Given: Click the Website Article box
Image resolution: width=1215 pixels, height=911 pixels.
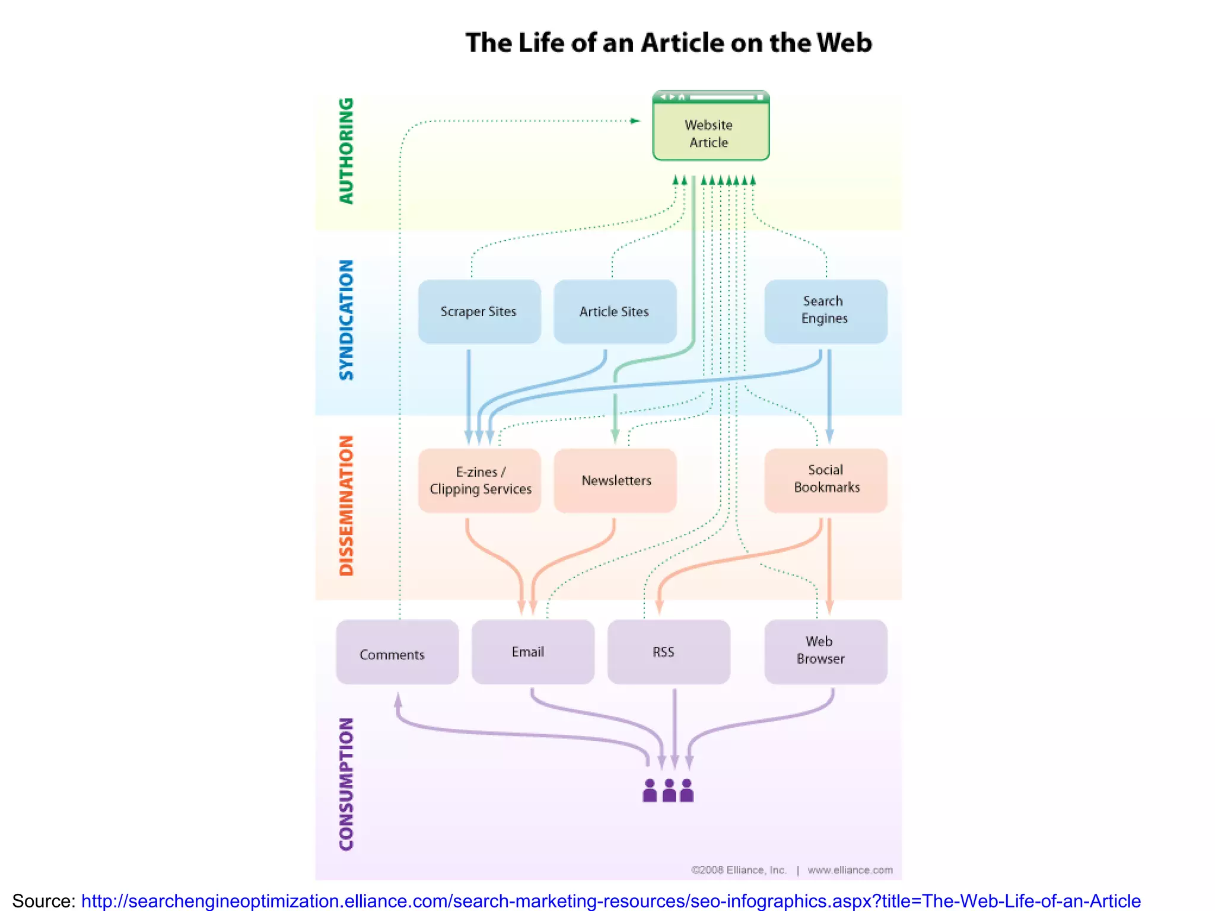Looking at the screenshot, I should (711, 132).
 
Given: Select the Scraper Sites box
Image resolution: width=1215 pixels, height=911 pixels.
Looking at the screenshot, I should (479, 311).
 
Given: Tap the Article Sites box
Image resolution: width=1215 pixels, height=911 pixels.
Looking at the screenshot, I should (615, 311).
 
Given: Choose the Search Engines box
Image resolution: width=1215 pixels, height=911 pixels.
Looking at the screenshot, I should (825, 311).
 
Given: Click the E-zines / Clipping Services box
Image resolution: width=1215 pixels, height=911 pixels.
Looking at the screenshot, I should (479, 480).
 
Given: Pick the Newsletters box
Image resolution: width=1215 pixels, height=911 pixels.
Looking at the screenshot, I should (615, 480).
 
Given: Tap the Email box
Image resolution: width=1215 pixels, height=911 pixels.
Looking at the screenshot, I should (533, 651).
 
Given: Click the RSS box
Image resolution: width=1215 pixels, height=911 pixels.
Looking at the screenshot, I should (669, 651).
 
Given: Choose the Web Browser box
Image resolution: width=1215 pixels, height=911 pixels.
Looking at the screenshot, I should (825, 651).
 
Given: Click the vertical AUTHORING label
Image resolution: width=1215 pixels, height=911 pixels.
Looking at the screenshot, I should (346, 151).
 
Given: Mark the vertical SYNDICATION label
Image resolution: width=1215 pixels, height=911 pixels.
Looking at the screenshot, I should (346, 320).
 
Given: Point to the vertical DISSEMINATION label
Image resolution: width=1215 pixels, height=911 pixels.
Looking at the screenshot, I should (346, 505).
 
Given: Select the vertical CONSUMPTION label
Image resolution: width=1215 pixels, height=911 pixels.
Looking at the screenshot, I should (346, 784).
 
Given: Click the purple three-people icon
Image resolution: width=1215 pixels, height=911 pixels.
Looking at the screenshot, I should (668, 791).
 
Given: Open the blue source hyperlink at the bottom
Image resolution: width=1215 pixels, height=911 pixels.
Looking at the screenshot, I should (610, 900).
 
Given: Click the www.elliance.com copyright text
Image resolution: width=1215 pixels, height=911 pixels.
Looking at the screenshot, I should (850, 870).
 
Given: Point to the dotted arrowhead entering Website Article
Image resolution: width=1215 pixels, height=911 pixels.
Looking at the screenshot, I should (635, 121).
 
